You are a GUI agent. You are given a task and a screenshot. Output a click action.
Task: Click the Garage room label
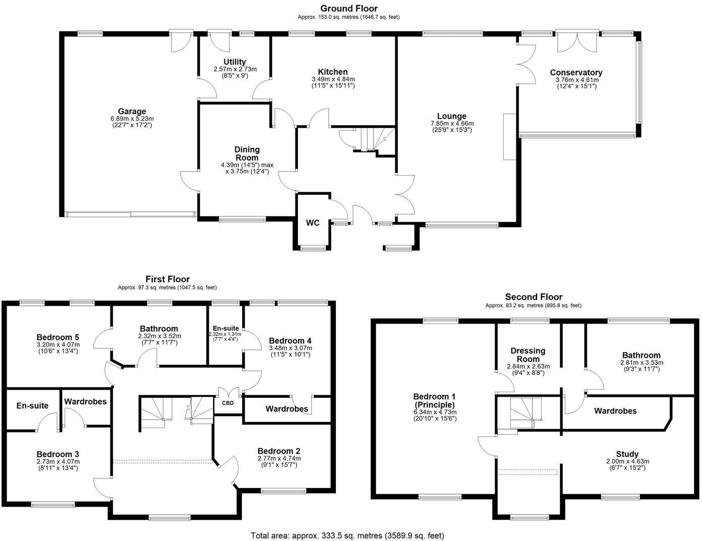[132, 112]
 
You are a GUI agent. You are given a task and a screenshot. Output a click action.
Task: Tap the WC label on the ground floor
[313, 223]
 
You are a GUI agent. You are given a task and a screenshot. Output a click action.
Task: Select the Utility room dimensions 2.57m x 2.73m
[235, 69]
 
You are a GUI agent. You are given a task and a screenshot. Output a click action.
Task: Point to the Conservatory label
[576, 73]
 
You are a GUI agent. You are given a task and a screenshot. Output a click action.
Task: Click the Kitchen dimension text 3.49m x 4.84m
[333, 79]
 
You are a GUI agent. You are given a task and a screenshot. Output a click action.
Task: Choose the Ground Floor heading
[348, 8]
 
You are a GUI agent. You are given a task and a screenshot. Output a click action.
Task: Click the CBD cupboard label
[228, 403]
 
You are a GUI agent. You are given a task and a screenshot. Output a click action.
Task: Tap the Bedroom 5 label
[58, 337]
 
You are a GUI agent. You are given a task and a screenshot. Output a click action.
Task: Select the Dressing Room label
[528, 355]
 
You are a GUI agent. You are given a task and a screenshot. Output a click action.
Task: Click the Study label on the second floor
[627, 454]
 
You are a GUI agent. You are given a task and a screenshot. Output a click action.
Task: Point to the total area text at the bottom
[347, 535]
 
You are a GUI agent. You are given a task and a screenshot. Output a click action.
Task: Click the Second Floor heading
[534, 297]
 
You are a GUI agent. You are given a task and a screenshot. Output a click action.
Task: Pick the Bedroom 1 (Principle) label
[434, 401]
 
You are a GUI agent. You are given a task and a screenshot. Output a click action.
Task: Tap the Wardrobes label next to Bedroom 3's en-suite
[85, 401]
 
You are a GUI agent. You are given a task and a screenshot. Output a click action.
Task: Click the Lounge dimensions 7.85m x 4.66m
[452, 123]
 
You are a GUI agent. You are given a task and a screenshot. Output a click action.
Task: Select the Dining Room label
[247, 153]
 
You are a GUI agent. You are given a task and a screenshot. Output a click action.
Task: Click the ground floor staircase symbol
[367, 139]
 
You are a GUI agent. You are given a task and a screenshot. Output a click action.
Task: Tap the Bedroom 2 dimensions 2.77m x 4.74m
[279, 458]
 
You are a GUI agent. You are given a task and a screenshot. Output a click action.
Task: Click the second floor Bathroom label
[641, 355]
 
